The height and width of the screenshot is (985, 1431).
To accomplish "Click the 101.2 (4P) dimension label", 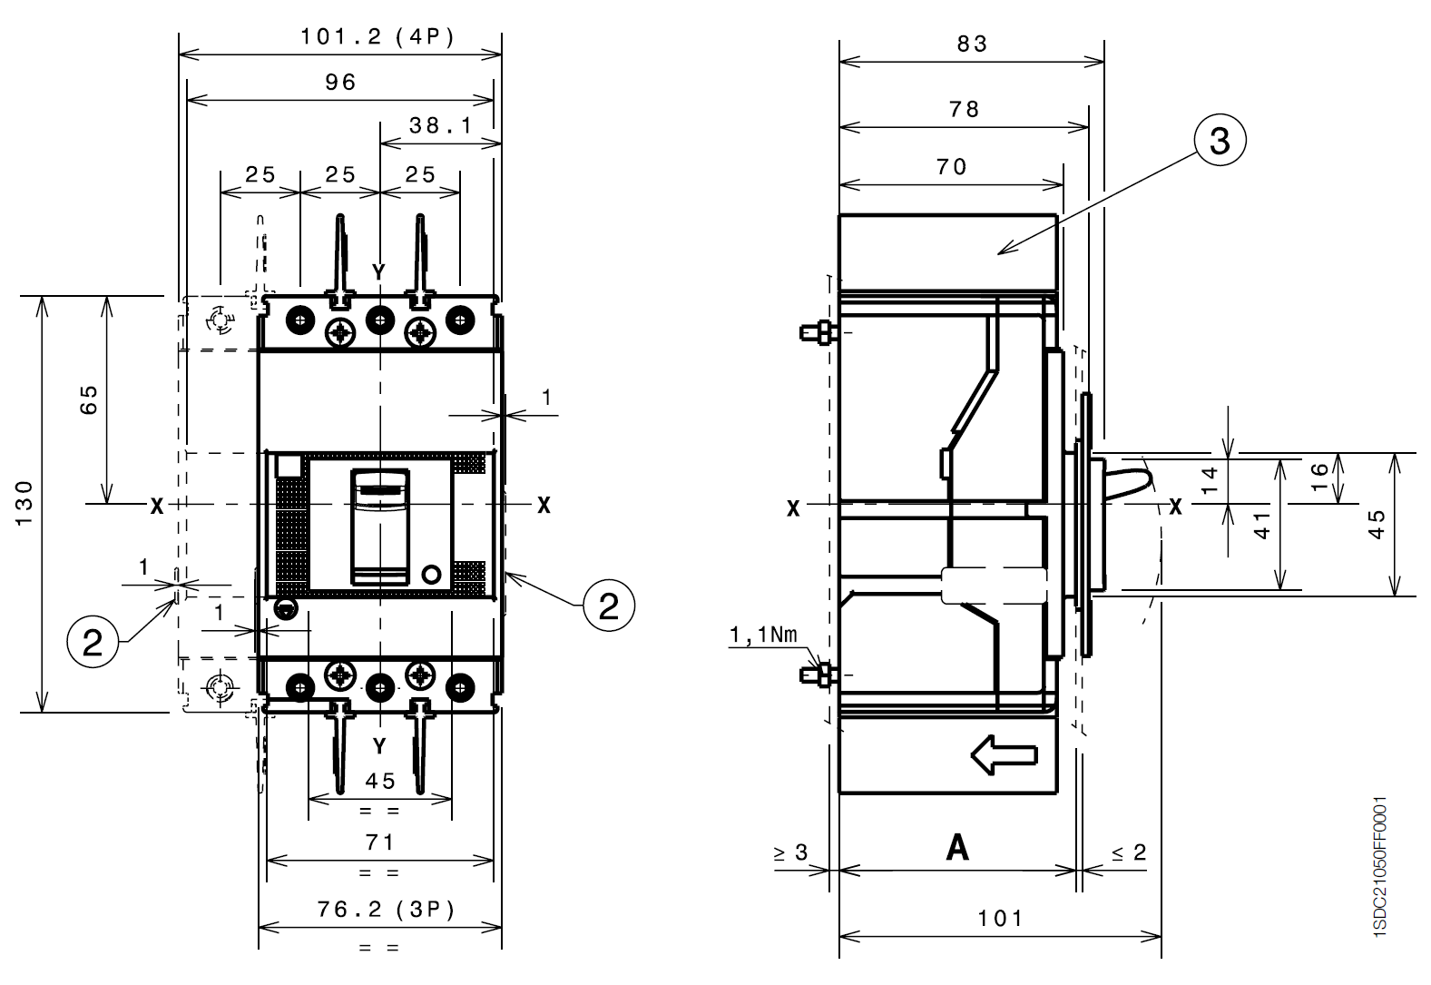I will [377, 37].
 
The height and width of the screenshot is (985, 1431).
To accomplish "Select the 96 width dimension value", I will [340, 83].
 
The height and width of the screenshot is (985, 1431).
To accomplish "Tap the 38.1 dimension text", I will [440, 125].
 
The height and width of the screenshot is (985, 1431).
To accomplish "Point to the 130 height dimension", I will [25, 503].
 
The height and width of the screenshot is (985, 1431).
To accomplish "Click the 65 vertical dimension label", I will [89, 399].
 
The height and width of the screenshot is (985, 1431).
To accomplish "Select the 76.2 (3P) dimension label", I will [386, 909].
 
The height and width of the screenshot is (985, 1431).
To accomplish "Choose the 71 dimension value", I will [380, 842].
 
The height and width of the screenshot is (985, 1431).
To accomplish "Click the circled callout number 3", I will [1220, 141].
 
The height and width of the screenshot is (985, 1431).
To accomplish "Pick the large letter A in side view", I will [957, 848].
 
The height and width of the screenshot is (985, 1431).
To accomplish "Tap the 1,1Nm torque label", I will [764, 635].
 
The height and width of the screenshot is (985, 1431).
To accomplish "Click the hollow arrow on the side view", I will [1004, 755].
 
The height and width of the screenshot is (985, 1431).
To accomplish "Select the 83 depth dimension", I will [972, 44].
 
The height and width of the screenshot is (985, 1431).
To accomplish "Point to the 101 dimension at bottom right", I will [1000, 919].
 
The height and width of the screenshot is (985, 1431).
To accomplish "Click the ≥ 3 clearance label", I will [790, 852].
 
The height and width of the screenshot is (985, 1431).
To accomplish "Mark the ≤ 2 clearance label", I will [1129, 852].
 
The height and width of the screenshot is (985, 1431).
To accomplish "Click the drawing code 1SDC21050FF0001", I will [1380, 867].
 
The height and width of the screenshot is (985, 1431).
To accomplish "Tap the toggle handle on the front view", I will [380, 527].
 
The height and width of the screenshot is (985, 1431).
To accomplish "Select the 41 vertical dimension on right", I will [1262, 525].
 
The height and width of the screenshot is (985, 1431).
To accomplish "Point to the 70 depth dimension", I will [951, 167].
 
